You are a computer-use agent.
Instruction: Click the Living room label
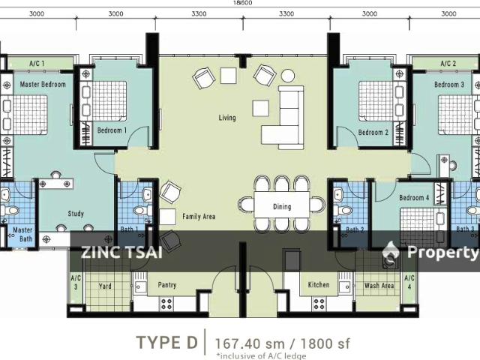pos(227,118)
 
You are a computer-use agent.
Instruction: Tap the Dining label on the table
pos(282,206)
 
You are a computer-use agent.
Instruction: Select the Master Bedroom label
pos(43,84)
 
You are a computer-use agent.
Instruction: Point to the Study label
pos(76,213)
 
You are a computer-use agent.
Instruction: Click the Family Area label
pos(199,217)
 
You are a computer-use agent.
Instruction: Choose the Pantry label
pos(167,285)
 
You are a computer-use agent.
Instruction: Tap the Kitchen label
pos(319,284)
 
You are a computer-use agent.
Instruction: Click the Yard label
pos(105,286)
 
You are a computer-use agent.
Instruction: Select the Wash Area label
pos(379,285)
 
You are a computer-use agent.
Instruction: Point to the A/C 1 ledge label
pos(37,63)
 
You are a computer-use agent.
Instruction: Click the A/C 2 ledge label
pos(448,63)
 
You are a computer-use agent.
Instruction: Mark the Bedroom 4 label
pos(414,197)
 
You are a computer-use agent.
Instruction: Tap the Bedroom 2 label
pos(373,132)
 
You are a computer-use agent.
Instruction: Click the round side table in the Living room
pos(288,75)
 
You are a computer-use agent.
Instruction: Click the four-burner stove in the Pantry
pos(166,304)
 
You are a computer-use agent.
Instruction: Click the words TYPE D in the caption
pos(167,342)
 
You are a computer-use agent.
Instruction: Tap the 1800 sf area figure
pos(325,343)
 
